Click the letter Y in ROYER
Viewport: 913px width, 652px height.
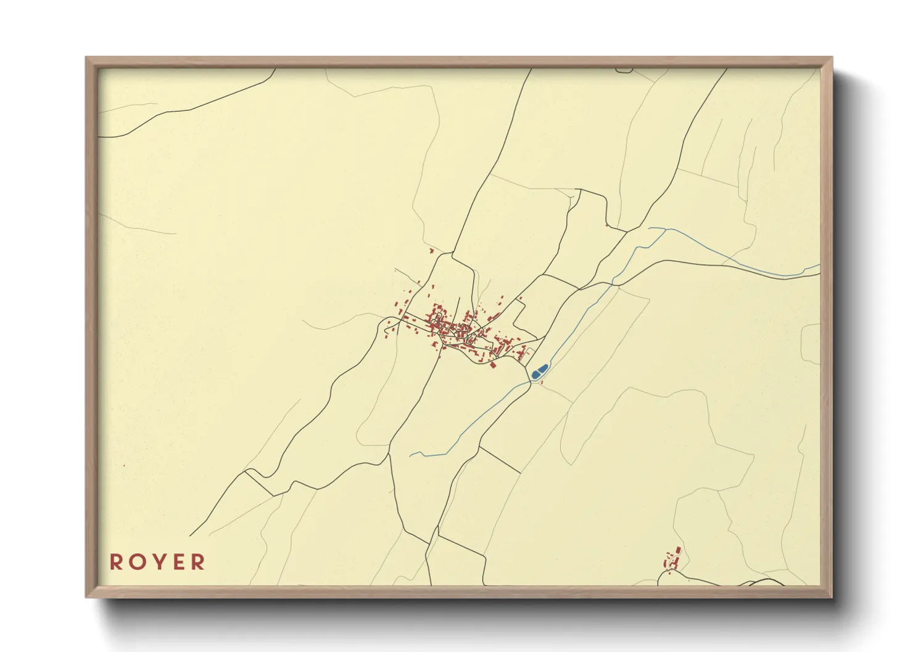click(157, 562)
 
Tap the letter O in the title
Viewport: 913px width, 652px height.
click(136, 562)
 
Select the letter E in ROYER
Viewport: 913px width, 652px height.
click(178, 562)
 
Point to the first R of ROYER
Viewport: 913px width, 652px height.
click(116, 562)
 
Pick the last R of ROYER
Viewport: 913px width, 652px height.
click(198, 562)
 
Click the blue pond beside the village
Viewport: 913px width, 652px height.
click(539, 371)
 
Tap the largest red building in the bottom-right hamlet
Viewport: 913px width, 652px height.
click(679, 550)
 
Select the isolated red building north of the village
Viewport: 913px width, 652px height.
click(431, 251)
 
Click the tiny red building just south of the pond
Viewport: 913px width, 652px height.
click(541, 383)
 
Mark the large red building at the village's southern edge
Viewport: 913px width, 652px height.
click(494, 365)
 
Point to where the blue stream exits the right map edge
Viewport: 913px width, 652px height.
click(819, 266)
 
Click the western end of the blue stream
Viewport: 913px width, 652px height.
click(411, 455)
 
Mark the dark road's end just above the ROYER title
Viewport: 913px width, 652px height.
click(191, 536)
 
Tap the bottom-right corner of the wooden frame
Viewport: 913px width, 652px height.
click(831, 596)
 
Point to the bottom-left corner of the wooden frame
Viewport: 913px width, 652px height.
click(87, 596)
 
